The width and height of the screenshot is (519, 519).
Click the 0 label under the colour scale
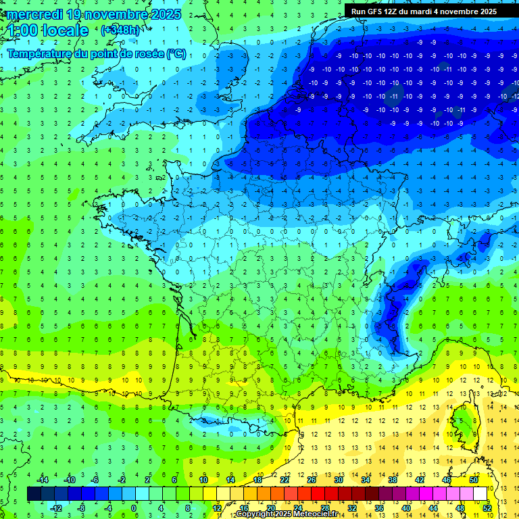coord(134,508)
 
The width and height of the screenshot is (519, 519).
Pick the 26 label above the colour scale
coord(312,479)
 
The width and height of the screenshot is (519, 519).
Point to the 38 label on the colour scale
coord(393,479)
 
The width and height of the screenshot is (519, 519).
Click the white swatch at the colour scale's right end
coord(480,493)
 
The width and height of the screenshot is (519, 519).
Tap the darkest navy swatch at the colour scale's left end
coord(34,493)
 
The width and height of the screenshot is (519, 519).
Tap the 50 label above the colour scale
coord(473,479)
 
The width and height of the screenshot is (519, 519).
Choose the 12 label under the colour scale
coord(217,508)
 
